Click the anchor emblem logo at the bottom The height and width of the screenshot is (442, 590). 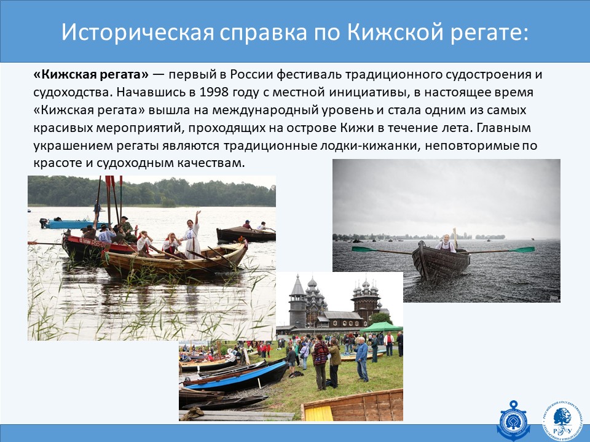coord(513,421)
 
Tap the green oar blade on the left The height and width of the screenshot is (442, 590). coord(364,249)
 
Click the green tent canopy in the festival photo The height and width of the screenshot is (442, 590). coord(381,327)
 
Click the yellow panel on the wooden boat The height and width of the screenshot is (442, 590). coord(318,414)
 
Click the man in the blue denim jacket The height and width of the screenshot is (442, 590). coord(361,359)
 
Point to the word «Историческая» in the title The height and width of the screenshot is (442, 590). coord(138,33)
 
